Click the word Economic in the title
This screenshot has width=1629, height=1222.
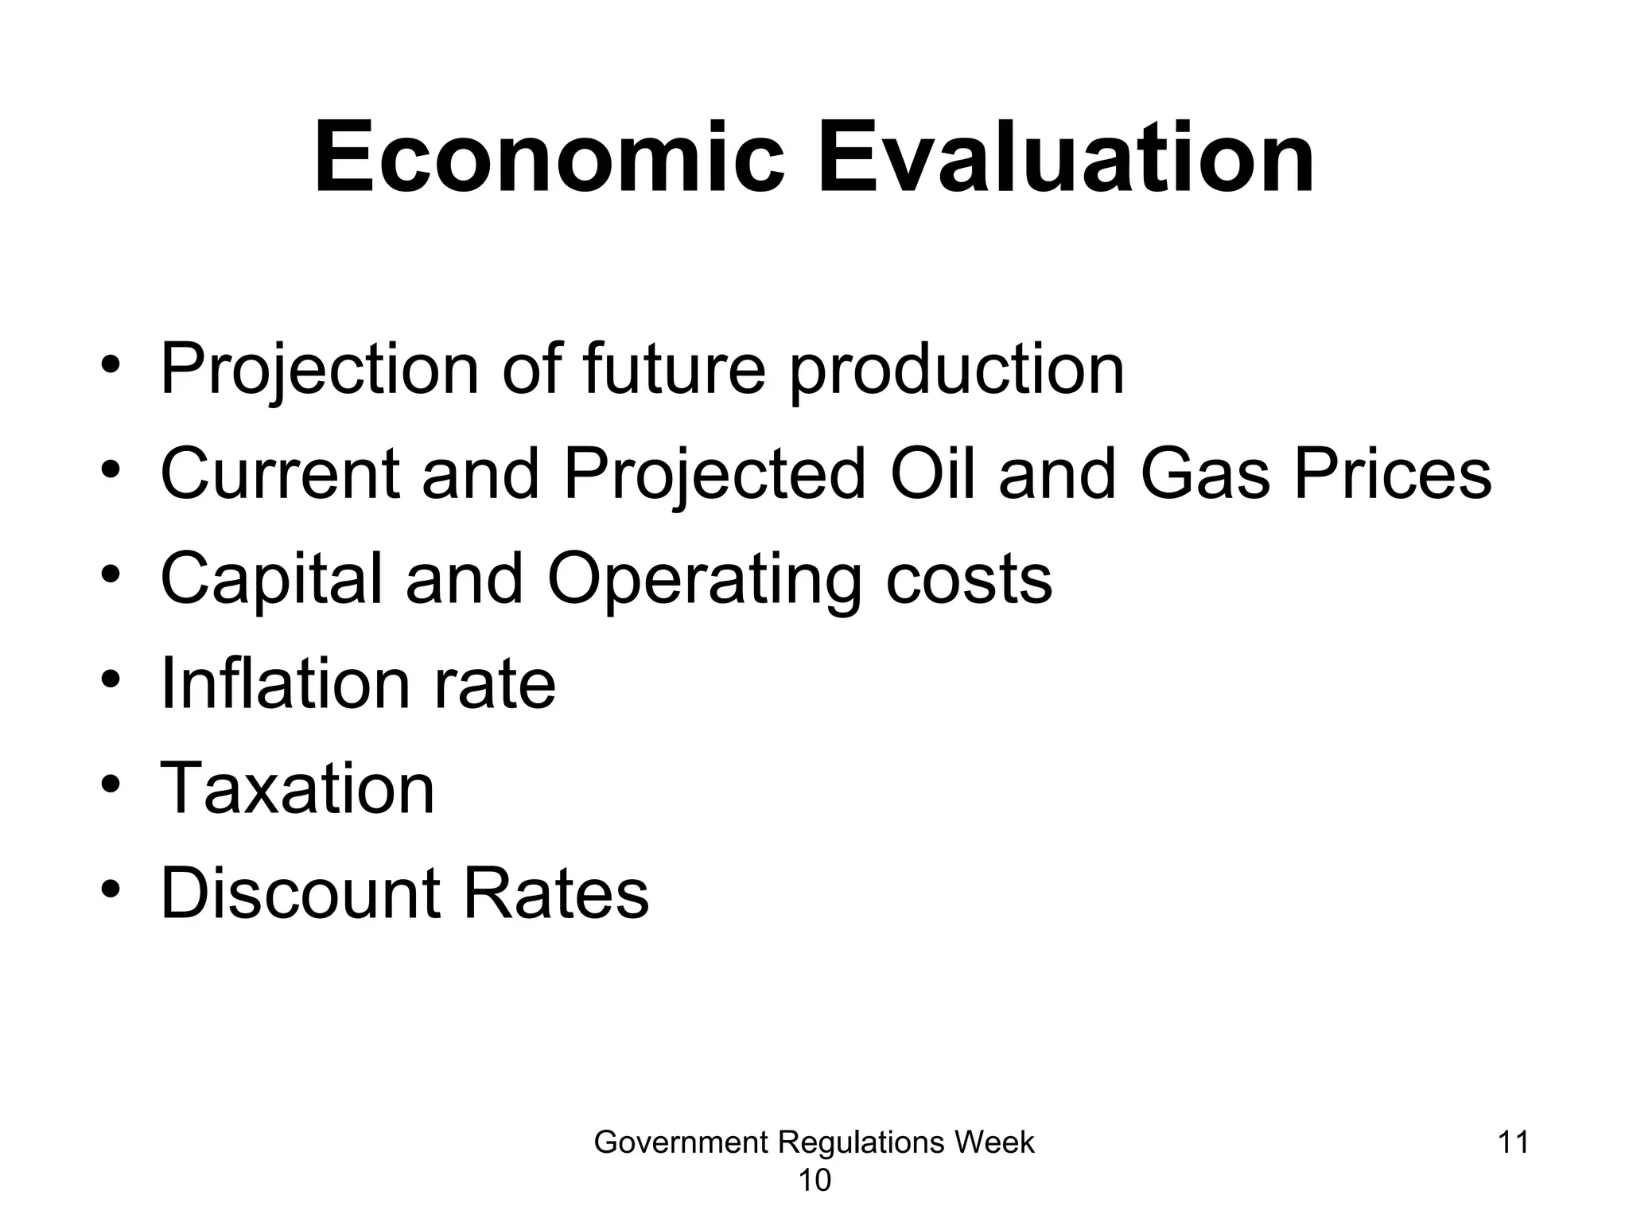point(550,158)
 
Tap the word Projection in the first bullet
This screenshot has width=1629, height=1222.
point(320,369)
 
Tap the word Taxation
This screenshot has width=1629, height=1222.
point(297,788)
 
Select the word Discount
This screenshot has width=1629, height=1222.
point(301,893)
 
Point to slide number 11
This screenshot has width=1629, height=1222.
point(1513,1142)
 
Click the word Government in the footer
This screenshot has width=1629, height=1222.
point(681,1142)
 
